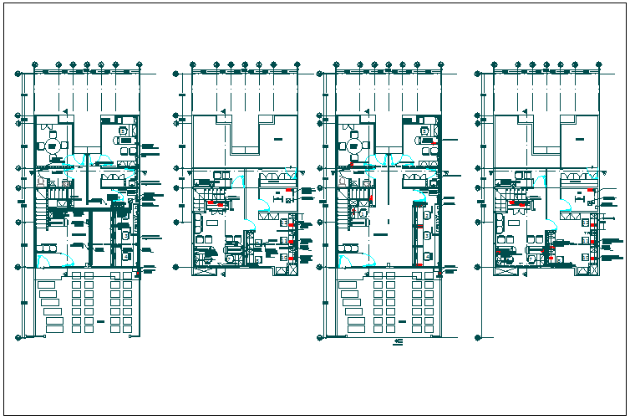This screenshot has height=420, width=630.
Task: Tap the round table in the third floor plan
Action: tap(354, 146)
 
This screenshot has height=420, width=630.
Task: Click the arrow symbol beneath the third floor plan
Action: tap(399, 343)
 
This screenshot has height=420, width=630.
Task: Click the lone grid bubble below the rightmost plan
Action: tap(477, 338)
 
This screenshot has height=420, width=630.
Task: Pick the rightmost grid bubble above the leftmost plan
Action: tap(138, 64)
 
